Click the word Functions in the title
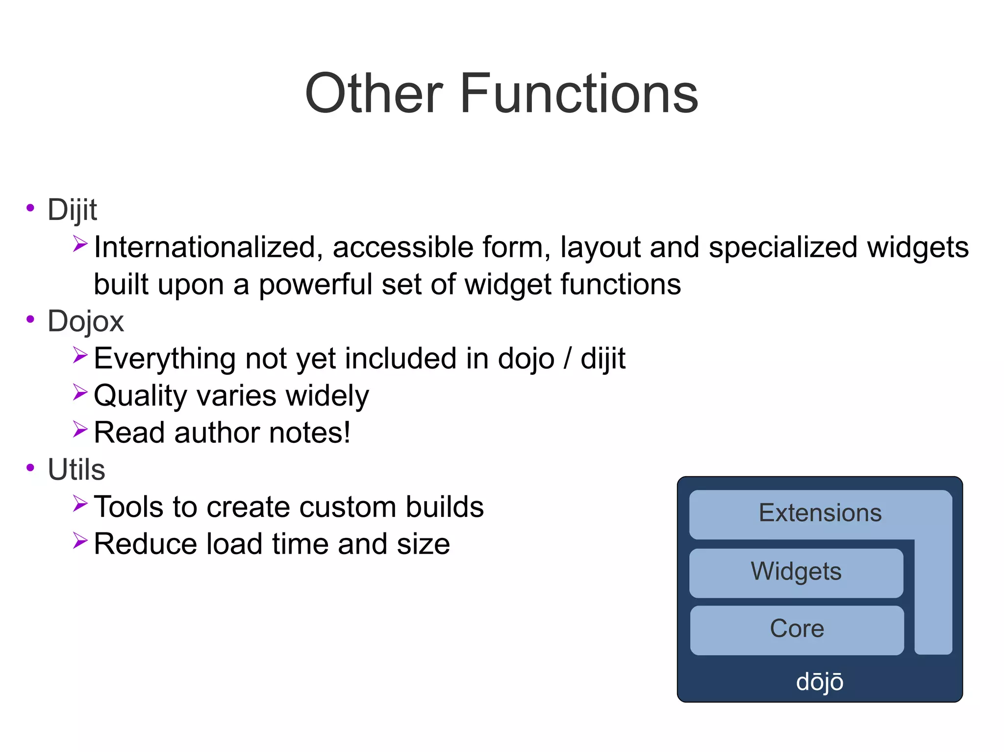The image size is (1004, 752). [x=578, y=93]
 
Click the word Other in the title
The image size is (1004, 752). [x=374, y=93]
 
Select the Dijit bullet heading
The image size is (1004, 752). [x=72, y=210]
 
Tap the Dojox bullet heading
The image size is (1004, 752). [x=85, y=321]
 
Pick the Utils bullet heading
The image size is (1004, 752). [x=76, y=469]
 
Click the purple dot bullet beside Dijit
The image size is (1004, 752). [x=30, y=208]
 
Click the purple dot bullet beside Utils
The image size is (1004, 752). [x=30, y=468]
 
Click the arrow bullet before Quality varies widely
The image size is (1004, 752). [x=80, y=392]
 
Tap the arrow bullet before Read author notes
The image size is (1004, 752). [x=80, y=430]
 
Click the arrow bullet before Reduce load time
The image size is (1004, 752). [x=80, y=541]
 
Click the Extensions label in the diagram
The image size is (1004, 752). [x=820, y=513]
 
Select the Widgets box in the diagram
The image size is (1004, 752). [x=796, y=572]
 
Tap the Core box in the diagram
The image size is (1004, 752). [x=797, y=629]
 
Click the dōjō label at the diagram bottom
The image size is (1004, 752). [x=819, y=681]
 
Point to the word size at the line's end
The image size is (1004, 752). [x=423, y=544]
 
